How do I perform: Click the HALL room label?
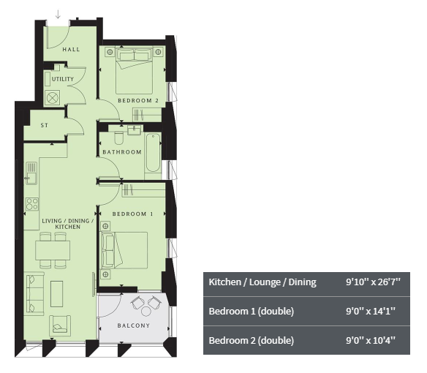(71, 49)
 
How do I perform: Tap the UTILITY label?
(63, 79)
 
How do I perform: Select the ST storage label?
(45, 125)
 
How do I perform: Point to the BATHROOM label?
(122, 152)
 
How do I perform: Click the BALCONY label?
(134, 325)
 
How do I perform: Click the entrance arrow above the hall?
(58, 14)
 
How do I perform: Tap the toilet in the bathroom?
(119, 138)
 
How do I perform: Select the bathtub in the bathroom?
(153, 153)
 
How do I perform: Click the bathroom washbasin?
(134, 130)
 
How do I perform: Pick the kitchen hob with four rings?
(32, 204)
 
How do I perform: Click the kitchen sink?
(31, 173)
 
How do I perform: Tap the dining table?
(53, 250)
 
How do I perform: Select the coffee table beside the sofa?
(56, 294)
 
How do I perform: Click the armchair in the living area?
(60, 325)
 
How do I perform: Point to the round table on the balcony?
(146, 311)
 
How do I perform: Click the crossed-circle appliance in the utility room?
(53, 98)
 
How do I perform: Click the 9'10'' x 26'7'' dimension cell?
(373, 282)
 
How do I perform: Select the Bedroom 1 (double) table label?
(251, 311)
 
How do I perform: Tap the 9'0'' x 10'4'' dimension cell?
(371, 340)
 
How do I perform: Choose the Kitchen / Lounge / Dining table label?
(262, 282)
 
